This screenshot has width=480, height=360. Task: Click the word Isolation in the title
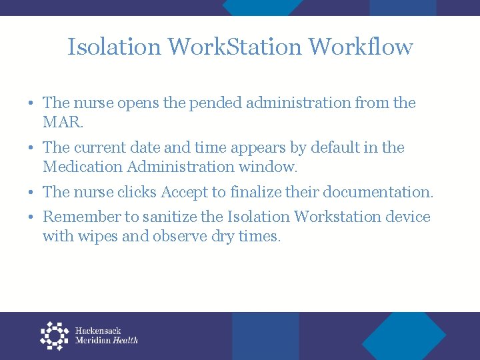tap(114, 47)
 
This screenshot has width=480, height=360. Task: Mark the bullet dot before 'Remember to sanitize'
tap(32, 217)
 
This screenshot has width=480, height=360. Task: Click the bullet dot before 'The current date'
tap(32, 148)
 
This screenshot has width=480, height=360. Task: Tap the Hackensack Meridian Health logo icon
tap(55, 335)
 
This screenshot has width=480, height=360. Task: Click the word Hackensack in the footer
tap(98, 331)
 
